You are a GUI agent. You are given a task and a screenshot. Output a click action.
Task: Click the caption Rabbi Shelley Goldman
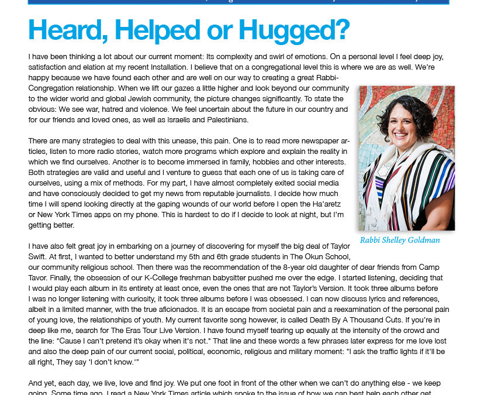pos(400,241)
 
